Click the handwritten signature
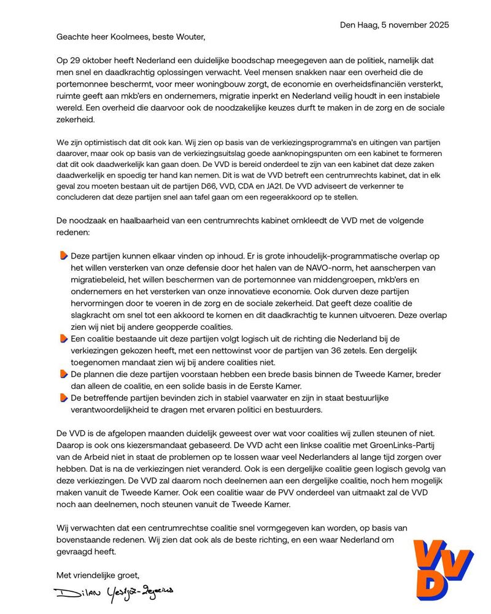pyautogui.click(x=114, y=593)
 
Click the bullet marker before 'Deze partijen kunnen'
pyautogui.click(x=64, y=255)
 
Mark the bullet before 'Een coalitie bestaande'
pyautogui.click(x=64, y=339)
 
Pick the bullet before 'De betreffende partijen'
pyautogui.click(x=64, y=397)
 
